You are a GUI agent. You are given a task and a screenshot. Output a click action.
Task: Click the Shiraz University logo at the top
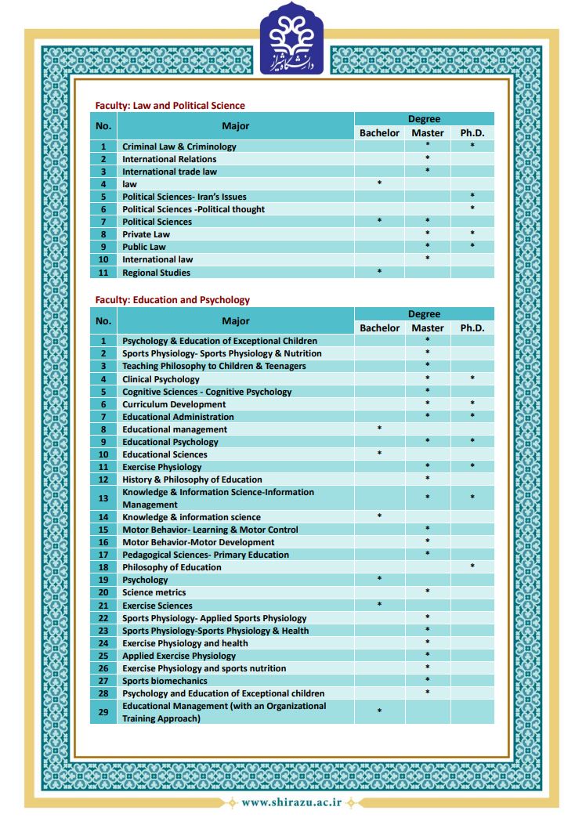(x=291, y=38)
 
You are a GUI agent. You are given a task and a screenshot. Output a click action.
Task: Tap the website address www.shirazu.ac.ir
(x=292, y=802)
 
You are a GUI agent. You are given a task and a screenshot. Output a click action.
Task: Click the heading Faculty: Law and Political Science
(x=170, y=106)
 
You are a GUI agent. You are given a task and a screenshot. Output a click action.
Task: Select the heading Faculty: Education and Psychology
(x=172, y=300)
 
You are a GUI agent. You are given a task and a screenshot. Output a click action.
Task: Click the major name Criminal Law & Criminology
(x=179, y=147)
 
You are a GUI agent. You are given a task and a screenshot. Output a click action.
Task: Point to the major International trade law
(x=169, y=172)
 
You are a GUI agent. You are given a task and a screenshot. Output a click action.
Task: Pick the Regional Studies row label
(x=156, y=273)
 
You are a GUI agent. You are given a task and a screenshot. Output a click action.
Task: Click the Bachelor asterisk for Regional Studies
(x=379, y=272)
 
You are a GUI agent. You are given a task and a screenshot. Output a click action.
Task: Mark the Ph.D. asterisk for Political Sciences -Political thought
(x=472, y=208)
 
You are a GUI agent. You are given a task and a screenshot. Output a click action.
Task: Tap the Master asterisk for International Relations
(x=428, y=158)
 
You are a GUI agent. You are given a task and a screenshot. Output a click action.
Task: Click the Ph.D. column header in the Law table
(x=472, y=133)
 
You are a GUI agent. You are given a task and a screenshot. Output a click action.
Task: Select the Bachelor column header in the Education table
(x=379, y=328)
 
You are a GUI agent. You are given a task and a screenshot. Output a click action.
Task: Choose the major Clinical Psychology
(x=161, y=379)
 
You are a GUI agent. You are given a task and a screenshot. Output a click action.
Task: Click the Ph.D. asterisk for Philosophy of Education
(x=472, y=566)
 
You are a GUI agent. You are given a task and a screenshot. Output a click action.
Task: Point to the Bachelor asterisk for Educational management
(x=379, y=429)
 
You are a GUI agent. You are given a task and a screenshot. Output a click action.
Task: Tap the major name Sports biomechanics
(x=165, y=681)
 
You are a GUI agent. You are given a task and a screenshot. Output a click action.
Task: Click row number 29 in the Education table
(x=103, y=712)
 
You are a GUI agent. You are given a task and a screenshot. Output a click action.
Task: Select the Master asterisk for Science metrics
(x=428, y=591)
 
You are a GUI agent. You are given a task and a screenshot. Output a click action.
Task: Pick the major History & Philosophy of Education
(x=192, y=479)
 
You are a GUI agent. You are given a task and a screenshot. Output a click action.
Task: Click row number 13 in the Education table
(x=103, y=498)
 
